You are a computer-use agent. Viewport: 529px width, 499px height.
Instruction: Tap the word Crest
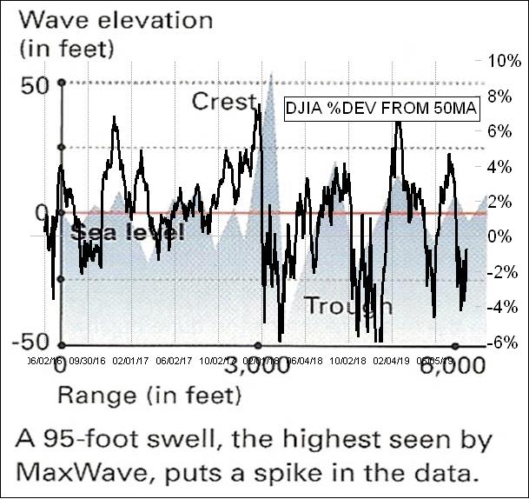[x=224, y=102]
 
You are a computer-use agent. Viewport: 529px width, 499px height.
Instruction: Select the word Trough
[x=347, y=306]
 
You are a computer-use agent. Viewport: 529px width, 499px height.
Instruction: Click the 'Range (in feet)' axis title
[x=149, y=396]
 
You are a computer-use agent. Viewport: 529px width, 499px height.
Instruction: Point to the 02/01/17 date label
[x=129, y=356]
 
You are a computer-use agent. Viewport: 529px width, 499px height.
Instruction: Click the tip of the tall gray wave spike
[x=272, y=73]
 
